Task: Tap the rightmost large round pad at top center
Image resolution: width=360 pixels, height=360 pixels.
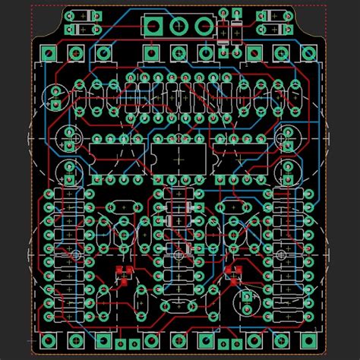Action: [204, 27]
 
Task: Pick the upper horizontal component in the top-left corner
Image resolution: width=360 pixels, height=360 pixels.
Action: [84, 15]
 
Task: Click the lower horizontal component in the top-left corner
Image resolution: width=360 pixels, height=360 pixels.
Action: [84, 29]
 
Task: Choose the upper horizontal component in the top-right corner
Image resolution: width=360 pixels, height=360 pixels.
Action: [276, 15]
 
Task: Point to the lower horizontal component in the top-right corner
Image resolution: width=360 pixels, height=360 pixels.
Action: [276, 29]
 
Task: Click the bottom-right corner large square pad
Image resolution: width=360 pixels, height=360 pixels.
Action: [310, 339]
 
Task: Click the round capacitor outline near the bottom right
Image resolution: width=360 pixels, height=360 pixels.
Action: [246, 298]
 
